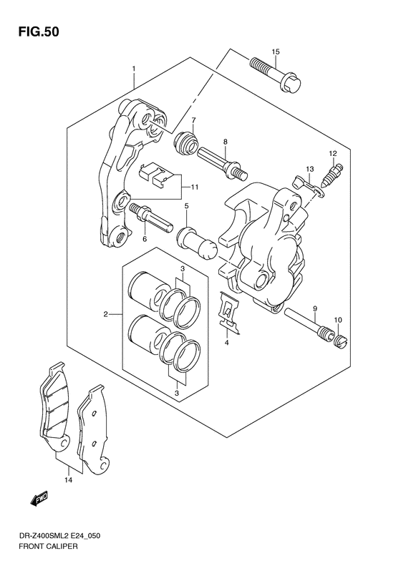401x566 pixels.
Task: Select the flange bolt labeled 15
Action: (x=275, y=76)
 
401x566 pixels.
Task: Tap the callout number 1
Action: (x=133, y=69)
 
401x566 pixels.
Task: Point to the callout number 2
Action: (x=107, y=314)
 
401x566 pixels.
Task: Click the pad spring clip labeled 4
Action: (x=228, y=313)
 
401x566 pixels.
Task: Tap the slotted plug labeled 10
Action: (x=337, y=341)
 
